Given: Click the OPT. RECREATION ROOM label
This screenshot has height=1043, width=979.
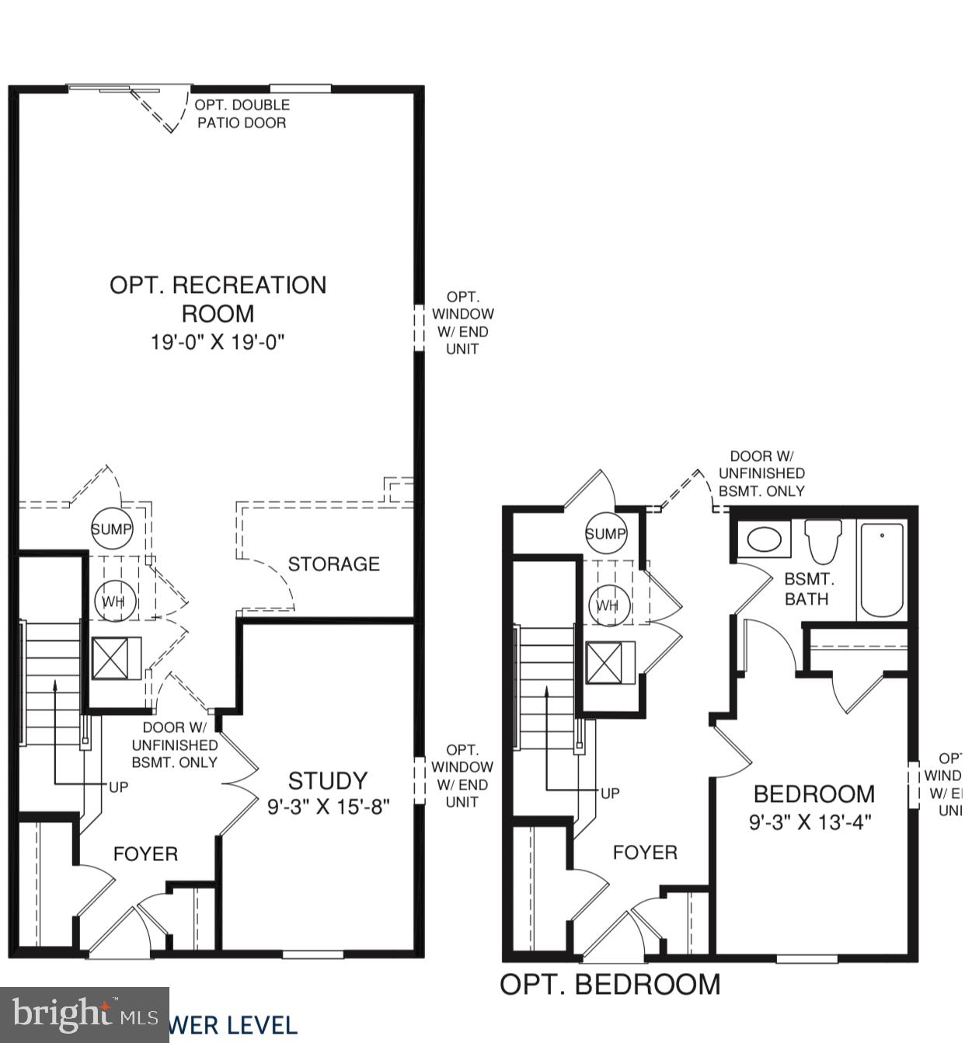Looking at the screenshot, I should coord(218,298).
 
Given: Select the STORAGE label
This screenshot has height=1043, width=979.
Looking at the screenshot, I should coord(333,563).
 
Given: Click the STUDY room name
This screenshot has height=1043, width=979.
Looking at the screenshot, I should coord(327,780).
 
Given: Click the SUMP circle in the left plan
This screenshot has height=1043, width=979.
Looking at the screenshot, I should coord(112,529).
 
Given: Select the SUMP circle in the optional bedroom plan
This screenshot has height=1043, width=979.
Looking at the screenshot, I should coord(605,534).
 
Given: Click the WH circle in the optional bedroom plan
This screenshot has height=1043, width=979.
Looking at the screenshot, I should coord(608,605).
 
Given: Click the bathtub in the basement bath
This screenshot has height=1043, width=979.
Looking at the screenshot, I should coord(882,569).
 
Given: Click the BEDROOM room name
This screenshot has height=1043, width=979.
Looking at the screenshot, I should coord(814,794).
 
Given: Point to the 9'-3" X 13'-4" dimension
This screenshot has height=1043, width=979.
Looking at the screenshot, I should coord(810,821).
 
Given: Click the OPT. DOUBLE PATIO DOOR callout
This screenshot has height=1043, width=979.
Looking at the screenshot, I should coord(242,113).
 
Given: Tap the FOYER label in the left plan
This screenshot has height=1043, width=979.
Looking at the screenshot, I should coord(145,854).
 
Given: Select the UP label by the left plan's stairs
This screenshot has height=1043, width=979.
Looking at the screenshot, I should coord(118,787).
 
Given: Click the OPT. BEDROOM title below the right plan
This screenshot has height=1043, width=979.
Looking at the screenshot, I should coord(609,984).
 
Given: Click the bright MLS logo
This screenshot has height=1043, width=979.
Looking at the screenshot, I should coord(84,1014).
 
